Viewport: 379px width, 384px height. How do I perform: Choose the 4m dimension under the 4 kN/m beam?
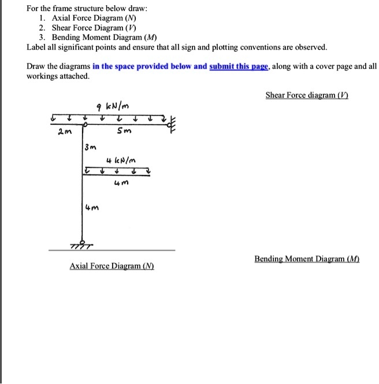pos(120,184)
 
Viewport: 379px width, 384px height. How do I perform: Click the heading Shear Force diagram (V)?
pos(307,95)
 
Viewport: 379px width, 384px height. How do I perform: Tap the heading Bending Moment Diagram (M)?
pos(307,260)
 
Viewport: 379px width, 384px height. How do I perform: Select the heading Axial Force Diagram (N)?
pos(112,266)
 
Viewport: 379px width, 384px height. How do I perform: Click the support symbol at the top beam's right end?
pos(171,123)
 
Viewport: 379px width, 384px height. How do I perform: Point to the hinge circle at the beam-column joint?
pos(85,124)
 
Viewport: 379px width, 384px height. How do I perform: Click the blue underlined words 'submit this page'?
pos(239,66)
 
